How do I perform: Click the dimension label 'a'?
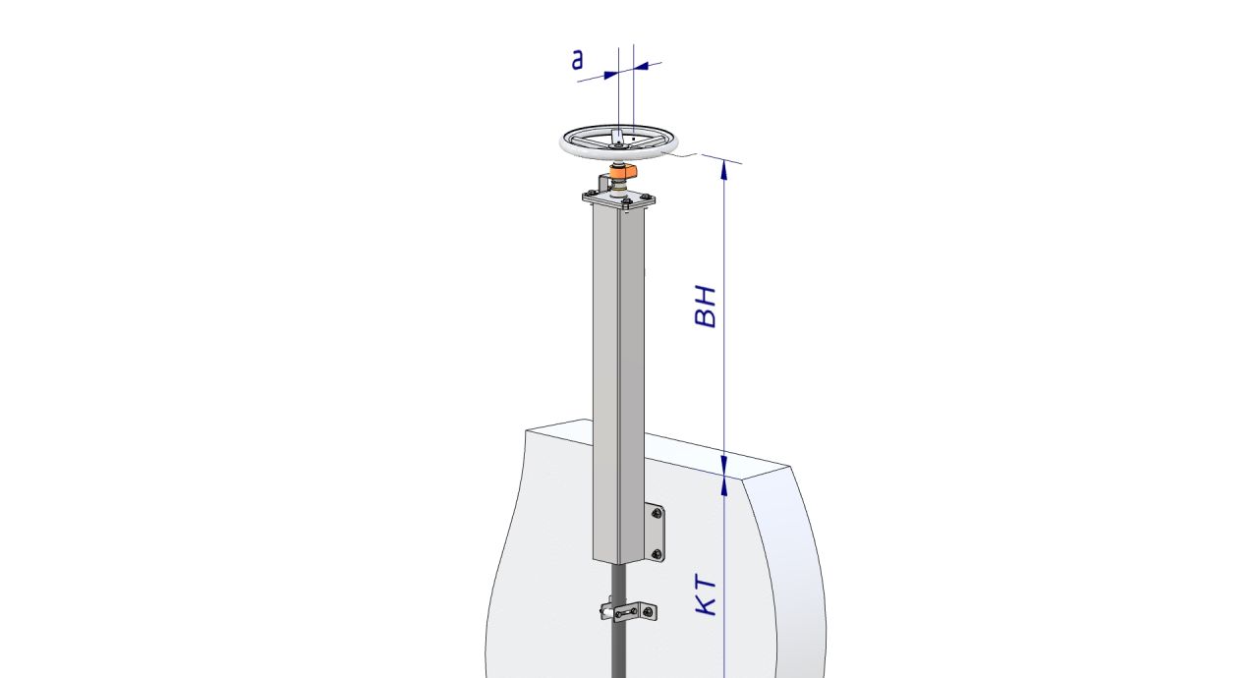pyautogui.click(x=577, y=60)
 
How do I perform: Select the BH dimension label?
pyautogui.click(x=706, y=307)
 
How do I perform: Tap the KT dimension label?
pyautogui.click(x=706, y=595)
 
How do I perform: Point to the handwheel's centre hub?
pyautogui.click(x=618, y=145)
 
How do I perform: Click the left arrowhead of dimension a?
pyautogui.click(x=610, y=75)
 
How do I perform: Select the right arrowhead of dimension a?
pyautogui.click(x=641, y=66)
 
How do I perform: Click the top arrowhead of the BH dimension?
pyautogui.click(x=724, y=169)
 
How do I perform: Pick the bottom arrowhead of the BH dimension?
pyautogui.click(x=724, y=467)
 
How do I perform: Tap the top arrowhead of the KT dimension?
pyautogui.click(x=724, y=486)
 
